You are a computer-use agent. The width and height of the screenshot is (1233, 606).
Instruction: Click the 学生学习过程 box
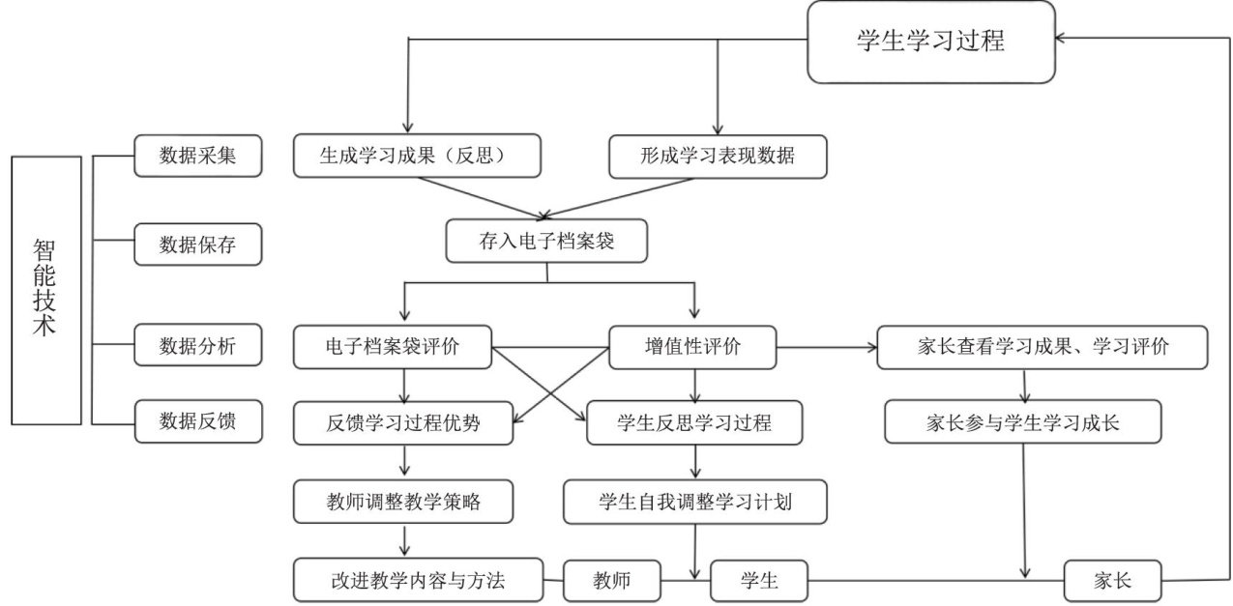click(930, 42)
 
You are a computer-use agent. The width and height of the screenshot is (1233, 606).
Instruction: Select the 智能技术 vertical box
click(45, 290)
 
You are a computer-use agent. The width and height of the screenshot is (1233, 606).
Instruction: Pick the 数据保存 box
click(197, 245)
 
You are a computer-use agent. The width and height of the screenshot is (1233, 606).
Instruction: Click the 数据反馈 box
click(197, 421)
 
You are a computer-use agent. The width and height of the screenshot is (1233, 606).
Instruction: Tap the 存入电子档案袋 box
click(546, 242)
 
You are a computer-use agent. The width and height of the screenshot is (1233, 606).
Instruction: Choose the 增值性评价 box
click(692, 346)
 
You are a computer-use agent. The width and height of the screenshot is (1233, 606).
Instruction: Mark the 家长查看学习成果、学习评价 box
click(1042, 347)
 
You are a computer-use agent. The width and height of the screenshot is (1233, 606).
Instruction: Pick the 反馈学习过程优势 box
click(403, 422)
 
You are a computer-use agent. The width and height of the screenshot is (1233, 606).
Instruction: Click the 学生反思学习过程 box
click(693, 422)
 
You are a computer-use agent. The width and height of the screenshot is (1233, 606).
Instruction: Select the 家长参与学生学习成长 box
click(1022, 422)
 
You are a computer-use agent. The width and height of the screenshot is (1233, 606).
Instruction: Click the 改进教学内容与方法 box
click(417, 580)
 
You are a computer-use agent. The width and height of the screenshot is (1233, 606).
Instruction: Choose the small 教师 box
click(611, 580)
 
